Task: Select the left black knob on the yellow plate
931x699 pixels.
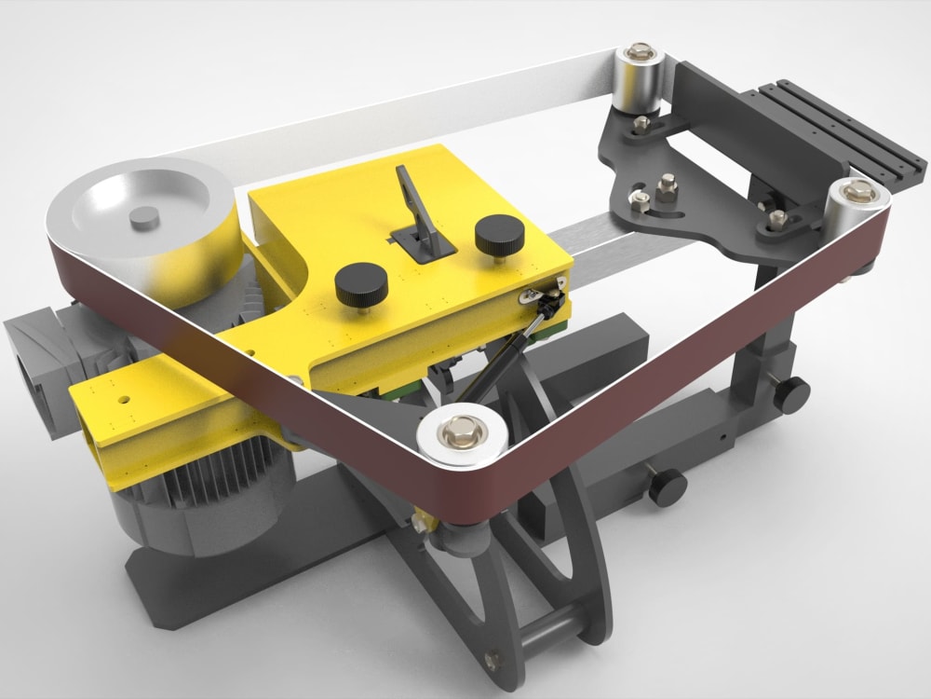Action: point(360,282)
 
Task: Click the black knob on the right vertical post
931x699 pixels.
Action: point(793,394)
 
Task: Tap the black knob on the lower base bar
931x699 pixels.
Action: point(667,486)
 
